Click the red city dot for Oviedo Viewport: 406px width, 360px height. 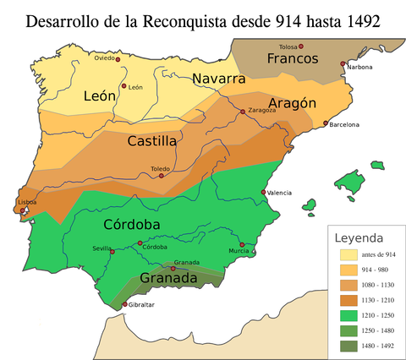[x=118, y=59]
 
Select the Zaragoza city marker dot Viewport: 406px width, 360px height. [x=243, y=112]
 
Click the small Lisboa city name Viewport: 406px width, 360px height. [x=27, y=203]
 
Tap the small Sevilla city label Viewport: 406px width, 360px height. [x=102, y=248]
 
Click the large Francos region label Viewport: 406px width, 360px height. [x=292, y=58]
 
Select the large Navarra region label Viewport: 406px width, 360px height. [x=218, y=79]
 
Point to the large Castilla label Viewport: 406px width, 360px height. [x=151, y=141]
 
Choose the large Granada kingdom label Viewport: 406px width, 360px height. [x=169, y=278]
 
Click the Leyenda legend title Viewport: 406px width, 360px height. [x=359, y=237]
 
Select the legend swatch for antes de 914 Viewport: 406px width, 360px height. [x=348, y=255]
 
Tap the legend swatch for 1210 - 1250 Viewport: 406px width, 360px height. [x=348, y=315]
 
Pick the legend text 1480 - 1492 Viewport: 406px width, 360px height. [x=378, y=346]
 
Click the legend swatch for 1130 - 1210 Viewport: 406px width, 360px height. [x=348, y=300]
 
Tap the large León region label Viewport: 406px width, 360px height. [x=99, y=96]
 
